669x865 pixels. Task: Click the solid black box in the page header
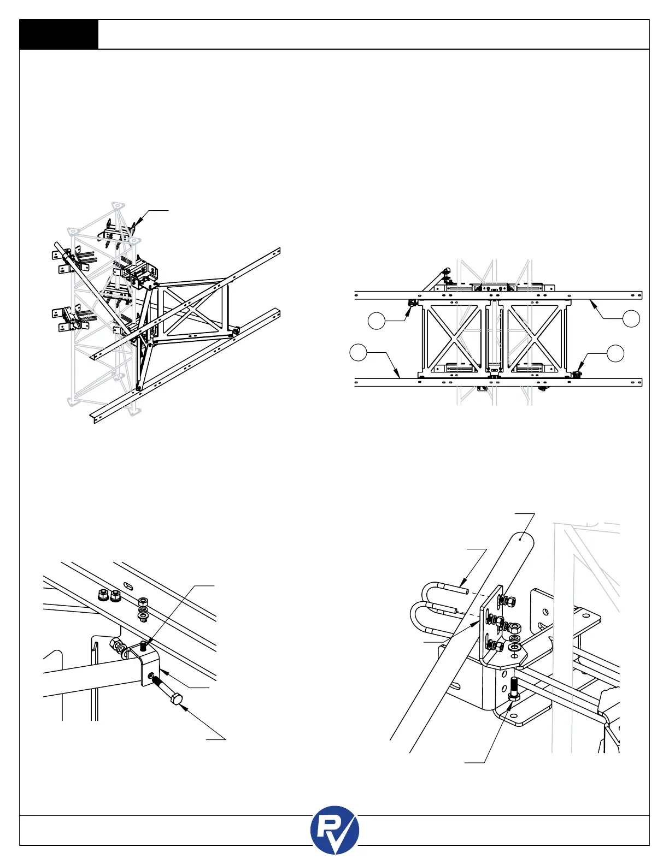[x=59, y=34]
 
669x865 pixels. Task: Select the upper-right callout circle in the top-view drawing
[x=631, y=319]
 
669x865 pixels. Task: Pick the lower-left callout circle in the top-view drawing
[x=358, y=353]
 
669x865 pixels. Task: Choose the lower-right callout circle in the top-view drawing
[x=615, y=353]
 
